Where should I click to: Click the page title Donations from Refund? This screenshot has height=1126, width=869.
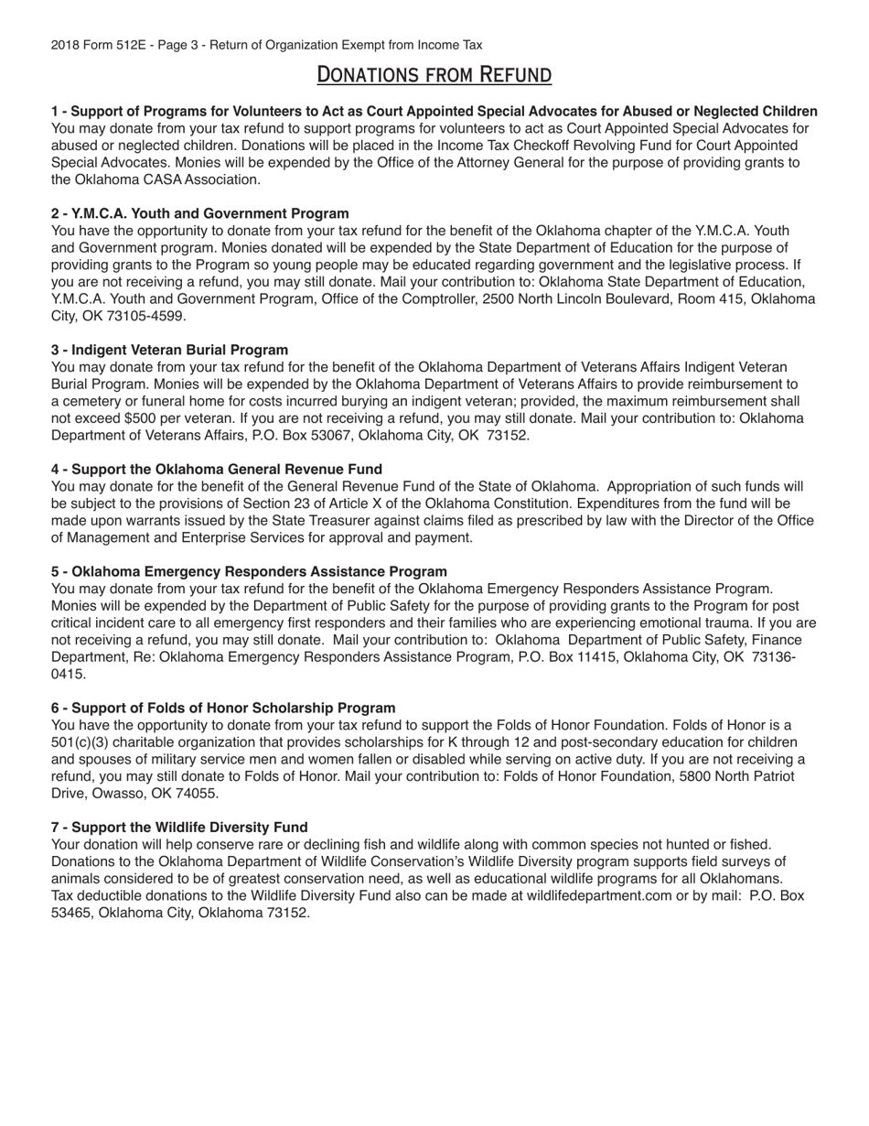(434, 74)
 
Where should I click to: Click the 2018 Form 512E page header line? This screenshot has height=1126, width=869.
(266, 45)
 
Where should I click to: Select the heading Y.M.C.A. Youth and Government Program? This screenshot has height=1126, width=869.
(199, 213)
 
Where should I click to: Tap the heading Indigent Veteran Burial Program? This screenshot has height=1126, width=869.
(169, 350)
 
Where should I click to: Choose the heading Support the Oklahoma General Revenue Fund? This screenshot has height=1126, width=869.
(216, 469)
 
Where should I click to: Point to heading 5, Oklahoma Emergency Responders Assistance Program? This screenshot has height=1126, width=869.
(249, 571)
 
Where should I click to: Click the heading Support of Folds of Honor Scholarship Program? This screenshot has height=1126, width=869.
(223, 708)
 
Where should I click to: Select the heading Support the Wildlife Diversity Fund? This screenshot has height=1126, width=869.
(179, 827)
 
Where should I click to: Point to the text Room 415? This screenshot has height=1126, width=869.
(703, 299)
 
